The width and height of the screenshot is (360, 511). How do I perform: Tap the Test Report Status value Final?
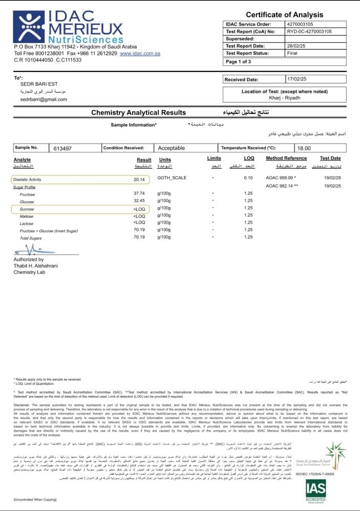click(292, 53)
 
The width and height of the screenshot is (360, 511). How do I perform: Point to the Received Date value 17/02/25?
click(296, 80)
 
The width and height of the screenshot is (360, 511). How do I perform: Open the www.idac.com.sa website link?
click(140, 53)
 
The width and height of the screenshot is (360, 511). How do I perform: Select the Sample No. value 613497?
click(62, 148)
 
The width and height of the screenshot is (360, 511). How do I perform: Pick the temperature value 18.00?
click(304, 148)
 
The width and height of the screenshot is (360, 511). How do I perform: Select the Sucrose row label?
click(28, 210)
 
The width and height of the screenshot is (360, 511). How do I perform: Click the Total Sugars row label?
click(31, 238)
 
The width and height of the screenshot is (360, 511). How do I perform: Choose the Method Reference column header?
click(286, 158)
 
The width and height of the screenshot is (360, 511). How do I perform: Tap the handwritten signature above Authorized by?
click(33, 250)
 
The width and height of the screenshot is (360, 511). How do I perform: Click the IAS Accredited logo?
click(316, 493)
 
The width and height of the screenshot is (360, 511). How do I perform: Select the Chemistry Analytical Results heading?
click(139, 112)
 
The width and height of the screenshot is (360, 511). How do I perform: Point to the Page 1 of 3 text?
click(238, 62)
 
